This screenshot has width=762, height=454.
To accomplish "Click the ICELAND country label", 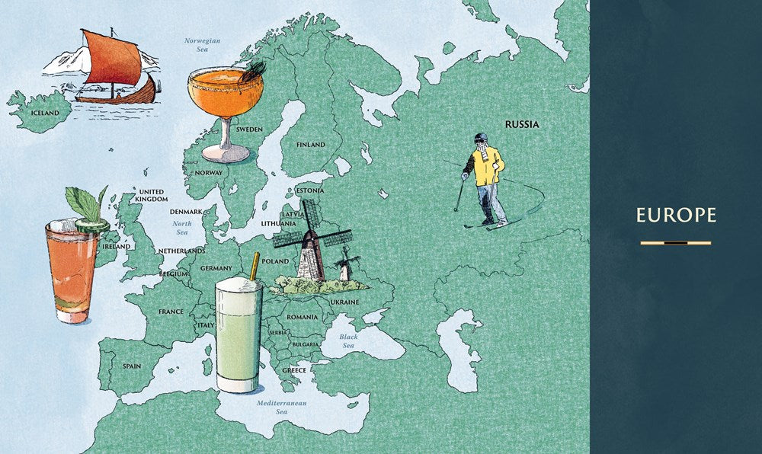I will click(x=43, y=113).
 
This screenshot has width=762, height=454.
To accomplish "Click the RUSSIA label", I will click(x=522, y=123).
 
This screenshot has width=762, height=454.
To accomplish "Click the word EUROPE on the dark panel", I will click(x=676, y=216).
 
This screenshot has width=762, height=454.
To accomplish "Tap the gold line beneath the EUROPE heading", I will click(x=676, y=243).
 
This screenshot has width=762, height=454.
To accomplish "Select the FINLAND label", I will click(x=310, y=145).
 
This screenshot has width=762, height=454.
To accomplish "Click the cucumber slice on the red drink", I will click(x=92, y=225).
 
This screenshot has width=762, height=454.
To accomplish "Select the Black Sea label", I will click(x=348, y=340).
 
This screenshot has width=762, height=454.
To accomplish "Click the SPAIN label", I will click(x=132, y=366).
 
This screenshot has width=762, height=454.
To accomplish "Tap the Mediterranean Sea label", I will click(x=281, y=406).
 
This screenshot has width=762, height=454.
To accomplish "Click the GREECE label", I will click(x=294, y=370).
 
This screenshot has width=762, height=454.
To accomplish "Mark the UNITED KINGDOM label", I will click(x=151, y=195).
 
